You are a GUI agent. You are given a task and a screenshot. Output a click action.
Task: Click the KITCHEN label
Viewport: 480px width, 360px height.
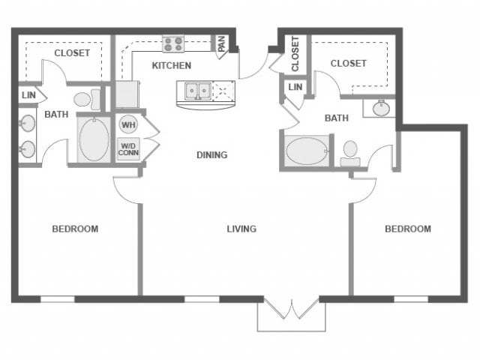click(x=172, y=65)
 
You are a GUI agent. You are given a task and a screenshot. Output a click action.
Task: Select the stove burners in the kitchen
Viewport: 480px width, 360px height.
click(x=174, y=44)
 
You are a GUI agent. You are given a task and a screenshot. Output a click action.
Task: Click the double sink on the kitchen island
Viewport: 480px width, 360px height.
click(x=198, y=91)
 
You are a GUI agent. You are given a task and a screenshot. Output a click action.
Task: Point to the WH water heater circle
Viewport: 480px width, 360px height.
click(x=127, y=124)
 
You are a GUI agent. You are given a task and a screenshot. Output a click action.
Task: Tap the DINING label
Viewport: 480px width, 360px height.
click(x=211, y=155)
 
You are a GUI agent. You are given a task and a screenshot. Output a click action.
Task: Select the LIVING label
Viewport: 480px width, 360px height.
click(x=241, y=229)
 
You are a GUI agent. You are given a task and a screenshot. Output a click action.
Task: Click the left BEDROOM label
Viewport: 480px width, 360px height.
click(x=75, y=229)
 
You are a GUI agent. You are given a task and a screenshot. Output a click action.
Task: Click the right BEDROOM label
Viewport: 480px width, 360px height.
click(x=408, y=229)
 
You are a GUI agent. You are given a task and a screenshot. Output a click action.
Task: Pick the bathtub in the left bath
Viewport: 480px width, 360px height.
click(x=94, y=140)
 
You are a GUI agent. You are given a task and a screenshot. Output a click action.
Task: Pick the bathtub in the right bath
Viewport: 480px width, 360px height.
click(x=307, y=150)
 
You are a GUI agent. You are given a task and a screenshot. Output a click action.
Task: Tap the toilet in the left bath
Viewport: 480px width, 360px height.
click(x=86, y=99)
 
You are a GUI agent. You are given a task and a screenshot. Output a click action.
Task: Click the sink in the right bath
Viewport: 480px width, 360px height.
click(x=380, y=108)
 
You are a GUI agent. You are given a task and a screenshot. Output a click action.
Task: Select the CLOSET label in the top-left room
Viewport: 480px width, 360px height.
click(x=72, y=53)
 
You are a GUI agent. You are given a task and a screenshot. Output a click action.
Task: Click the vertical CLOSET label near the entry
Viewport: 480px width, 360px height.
click(x=295, y=53)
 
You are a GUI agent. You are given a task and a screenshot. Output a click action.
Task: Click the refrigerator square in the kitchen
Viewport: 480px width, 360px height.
click(x=127, y=94)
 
